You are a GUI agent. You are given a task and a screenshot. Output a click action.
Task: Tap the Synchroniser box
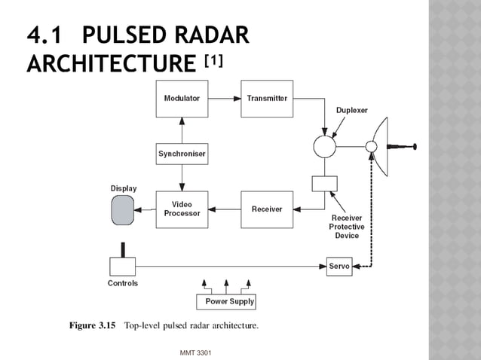point(181,154)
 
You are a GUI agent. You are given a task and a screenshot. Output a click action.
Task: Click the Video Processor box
point(181,209)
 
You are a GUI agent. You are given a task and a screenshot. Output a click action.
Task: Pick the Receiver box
point(266,209)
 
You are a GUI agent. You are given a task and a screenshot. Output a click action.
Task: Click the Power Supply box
point(225,302)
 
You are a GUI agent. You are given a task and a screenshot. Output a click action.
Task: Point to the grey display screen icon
point(122,210)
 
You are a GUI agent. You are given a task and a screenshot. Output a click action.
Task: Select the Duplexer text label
point(352,110)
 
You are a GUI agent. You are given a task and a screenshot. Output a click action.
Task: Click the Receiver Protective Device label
point(347,227)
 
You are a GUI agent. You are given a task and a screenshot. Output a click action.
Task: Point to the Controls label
point(122,284)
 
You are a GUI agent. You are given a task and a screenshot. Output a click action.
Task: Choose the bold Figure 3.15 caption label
point(91,326)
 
